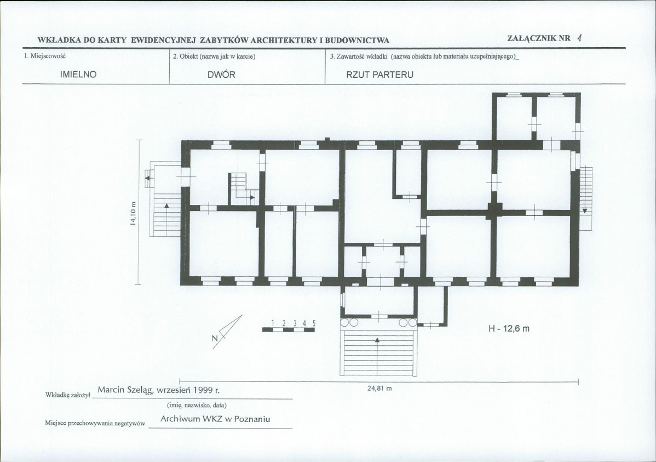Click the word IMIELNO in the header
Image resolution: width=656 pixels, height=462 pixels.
78,75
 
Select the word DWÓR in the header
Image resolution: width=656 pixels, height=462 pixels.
221,75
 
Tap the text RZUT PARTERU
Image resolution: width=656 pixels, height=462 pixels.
379,75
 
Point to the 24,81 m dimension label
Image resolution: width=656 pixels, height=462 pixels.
379,388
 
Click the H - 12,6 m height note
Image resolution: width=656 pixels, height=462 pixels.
509,329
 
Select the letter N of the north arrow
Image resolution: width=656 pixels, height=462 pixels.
215,339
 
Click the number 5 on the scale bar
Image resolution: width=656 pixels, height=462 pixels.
314,323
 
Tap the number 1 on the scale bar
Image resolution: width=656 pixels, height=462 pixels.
273,323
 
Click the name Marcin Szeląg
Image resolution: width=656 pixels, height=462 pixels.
125,390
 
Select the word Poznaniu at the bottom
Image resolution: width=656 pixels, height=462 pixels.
252,419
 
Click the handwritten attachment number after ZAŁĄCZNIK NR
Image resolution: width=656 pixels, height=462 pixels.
579,38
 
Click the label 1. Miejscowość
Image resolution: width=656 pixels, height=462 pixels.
45,56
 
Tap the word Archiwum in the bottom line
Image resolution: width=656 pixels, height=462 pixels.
180,419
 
